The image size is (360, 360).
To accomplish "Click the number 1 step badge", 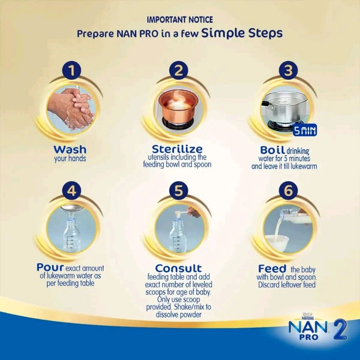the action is coord(72,70).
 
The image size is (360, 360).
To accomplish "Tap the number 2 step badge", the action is coord(179,70).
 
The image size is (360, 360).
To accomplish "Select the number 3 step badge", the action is coord(289,70).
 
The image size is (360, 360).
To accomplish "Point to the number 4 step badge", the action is coord(71,191).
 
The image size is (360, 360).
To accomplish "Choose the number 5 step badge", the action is coord(179,191).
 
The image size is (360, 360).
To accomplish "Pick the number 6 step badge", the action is coord(289,191).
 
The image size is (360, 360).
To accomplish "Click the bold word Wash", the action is coord(70,149).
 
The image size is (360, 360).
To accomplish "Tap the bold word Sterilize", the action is coord(177,149).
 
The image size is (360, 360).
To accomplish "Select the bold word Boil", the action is coord(272,150).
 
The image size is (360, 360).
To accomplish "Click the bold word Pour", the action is coord(50,267).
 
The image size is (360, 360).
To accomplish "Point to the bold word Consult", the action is coord(178,268).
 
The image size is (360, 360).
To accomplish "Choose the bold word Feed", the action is coord(272,269).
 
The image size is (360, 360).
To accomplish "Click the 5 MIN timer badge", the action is coord(305,130).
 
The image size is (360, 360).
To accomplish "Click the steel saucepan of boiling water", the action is coord(284,109).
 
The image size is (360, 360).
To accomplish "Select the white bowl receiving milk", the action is coord(277,244).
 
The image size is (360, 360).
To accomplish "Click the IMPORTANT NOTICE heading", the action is coord(180,20).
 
